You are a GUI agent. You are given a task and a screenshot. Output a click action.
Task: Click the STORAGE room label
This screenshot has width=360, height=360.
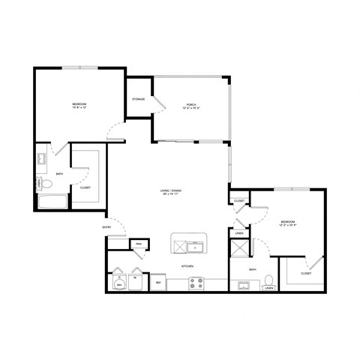139,99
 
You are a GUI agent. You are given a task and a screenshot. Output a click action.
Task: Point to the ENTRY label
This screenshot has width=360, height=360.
107,228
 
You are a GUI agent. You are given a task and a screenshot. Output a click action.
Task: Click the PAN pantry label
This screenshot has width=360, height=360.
139,244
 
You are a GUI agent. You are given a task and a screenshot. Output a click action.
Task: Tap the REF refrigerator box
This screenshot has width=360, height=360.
157,283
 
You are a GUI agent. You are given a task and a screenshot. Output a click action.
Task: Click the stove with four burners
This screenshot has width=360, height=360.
196,283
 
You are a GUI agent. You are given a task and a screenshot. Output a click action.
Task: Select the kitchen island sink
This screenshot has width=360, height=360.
196,247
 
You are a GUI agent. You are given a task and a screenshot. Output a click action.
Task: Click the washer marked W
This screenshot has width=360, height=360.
136,282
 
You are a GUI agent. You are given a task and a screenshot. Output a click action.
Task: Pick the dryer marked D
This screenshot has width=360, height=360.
119,282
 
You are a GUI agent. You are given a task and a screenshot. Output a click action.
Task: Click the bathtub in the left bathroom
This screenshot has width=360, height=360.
52,202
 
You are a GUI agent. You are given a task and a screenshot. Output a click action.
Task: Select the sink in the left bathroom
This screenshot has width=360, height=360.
43,159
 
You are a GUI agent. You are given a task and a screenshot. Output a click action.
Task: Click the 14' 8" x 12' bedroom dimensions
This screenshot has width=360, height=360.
79,107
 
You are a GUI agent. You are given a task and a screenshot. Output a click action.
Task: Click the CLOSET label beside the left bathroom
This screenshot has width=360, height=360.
85,187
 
